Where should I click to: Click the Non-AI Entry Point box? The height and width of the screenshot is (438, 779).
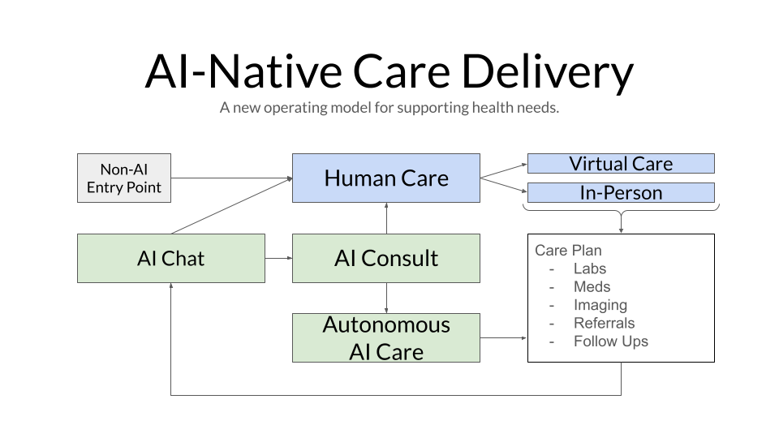[x=124, y=178]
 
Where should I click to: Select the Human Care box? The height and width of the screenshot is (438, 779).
[x=385, y=178]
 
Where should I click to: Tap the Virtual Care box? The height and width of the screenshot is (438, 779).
[x=621, y=164]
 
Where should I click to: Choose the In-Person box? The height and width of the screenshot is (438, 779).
[x=621, y=193]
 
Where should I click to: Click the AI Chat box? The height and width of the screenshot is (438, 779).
[x=170, y=259]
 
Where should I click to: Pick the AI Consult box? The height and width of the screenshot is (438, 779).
[x=385, y=259]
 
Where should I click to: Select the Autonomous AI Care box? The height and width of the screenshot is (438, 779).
[x=385, y=338]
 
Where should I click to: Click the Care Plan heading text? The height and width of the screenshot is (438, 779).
[x=568, y=251]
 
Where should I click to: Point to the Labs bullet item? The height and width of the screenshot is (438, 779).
[x=589, y=268]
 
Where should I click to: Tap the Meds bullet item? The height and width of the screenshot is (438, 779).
[x=592, y=286]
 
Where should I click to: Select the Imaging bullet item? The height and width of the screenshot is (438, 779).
[x=600, y=305]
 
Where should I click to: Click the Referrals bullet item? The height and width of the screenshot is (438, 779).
[x=604, y=323]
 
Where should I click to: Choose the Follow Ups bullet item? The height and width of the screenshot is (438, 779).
[x=610, y=341]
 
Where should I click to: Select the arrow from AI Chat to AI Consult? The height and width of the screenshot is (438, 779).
[x=278, y=259]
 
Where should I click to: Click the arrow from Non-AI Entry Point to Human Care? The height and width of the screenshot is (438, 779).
[x=231, y=178]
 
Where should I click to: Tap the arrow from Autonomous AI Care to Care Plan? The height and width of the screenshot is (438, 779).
[x=503, y=338]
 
